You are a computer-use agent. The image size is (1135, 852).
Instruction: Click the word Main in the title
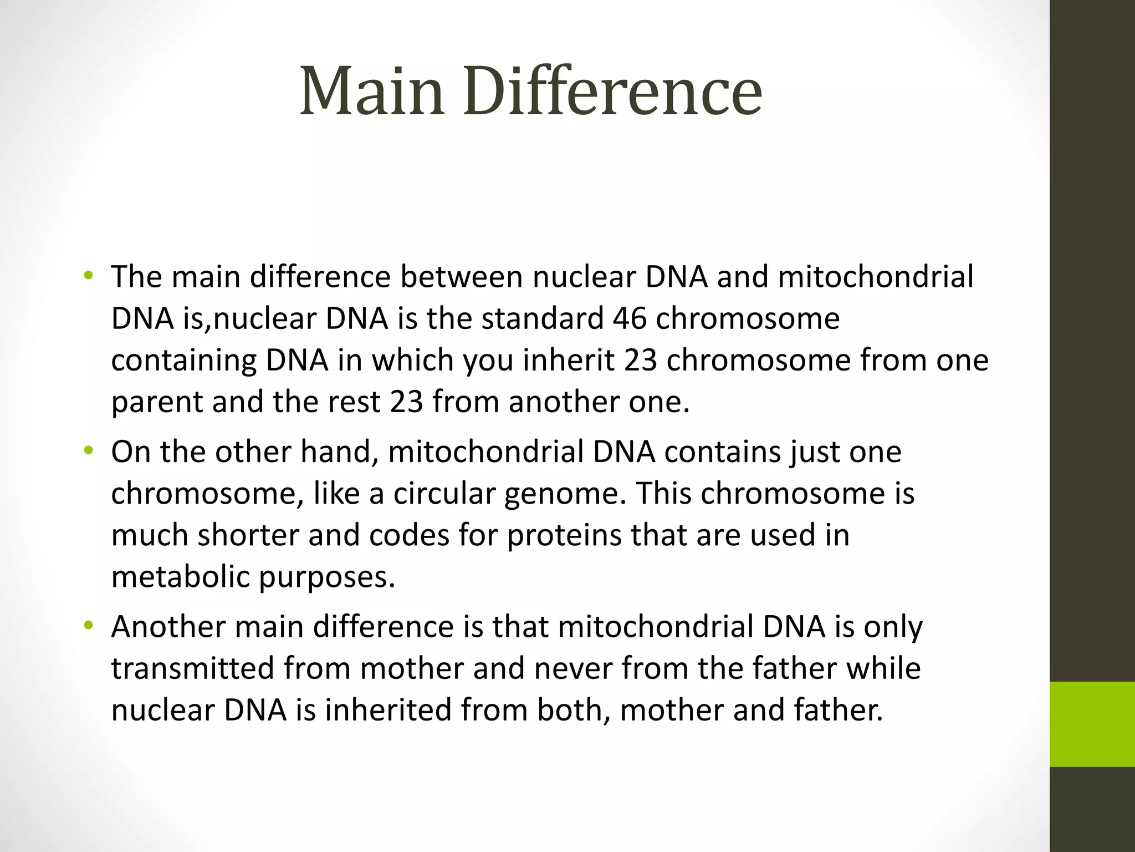372,92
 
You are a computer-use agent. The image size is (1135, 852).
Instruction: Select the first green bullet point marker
88,276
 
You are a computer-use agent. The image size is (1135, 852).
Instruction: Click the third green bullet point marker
88,626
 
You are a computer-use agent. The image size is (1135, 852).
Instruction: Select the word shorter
248,535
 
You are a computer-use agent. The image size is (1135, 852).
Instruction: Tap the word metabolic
180,577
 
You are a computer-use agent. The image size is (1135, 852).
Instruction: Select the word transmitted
193,668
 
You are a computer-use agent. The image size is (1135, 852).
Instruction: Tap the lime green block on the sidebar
1092,724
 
